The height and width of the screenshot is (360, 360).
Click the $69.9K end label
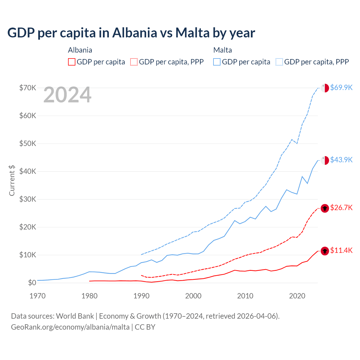click(x=341, y=87)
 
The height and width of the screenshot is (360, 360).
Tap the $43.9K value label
click(x=341, y=160)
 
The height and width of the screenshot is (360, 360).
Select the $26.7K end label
click(x=341, y=208)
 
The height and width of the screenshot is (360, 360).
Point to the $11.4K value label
click(x=341, y=250)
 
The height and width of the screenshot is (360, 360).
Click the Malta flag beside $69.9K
click(x=325, y=88)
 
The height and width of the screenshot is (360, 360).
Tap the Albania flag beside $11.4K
click(x=325, y=251)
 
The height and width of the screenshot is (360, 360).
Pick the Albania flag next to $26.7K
click(x=325, y=208)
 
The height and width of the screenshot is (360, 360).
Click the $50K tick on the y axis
click(x=28, y=143)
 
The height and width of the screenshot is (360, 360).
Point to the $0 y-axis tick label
click(x=32, y=283)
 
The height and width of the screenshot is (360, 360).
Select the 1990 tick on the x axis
click(x=141, y=296)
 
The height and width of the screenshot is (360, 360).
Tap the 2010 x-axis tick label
click(x=245, y=296)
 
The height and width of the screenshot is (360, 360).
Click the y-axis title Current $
click(x=12, y=180)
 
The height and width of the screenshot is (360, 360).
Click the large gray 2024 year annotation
click(x=67, y=95)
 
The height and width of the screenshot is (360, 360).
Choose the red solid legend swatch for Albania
click(x=72, y=62)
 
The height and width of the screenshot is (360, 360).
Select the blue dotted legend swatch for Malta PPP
click(x=280, y=62)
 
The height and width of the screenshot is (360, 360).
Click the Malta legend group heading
click(x=222, y=50)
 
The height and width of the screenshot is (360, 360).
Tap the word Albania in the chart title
click(x=135, y=33)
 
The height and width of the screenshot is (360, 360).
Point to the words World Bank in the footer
click(x=75, y=316)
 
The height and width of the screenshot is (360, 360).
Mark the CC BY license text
click(x=145, y=327)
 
